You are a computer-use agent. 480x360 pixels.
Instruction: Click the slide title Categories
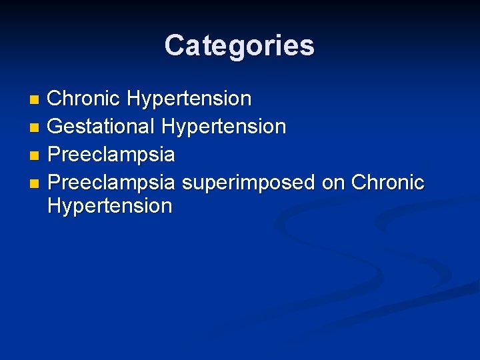coord(239,46)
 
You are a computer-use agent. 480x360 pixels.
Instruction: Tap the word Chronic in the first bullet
coord(84,99)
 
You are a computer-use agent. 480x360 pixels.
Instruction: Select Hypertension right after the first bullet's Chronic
coord(189,99)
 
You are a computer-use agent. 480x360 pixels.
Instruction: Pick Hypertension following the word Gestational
coord(224,126)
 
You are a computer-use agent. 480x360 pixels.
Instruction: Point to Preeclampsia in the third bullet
coord(111,155)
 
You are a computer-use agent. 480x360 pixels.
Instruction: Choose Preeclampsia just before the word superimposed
coord(111,182)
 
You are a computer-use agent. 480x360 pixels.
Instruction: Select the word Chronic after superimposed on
coord(387,182)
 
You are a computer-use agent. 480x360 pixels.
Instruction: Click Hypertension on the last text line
coord(110,206)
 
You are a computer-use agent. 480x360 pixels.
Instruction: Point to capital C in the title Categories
coord(174,46)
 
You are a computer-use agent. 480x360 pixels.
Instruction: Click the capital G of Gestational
coord(55,126)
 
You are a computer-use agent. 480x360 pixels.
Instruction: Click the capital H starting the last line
coord(55,206)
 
